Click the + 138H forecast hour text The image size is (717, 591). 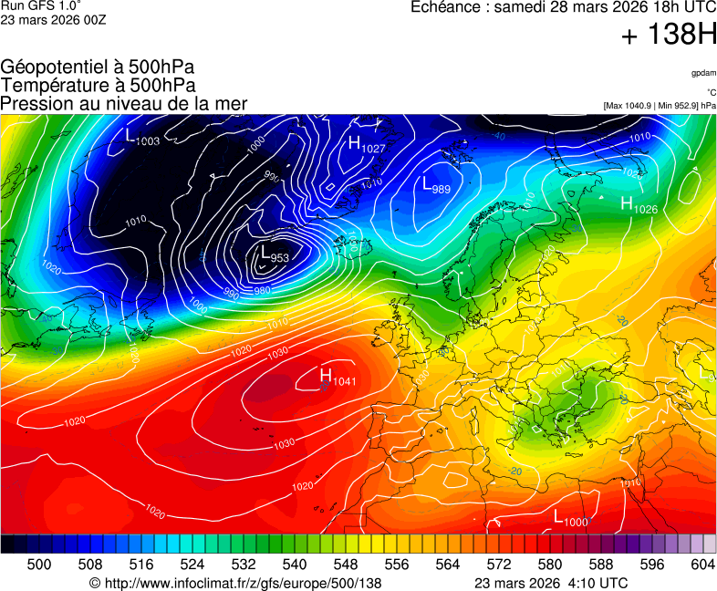[668, 36]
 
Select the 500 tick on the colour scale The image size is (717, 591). [39, 565]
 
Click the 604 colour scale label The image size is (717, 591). [702, 565]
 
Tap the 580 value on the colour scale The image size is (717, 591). [549, 565]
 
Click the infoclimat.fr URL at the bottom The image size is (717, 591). [235, 583]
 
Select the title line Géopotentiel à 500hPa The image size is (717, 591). [98, 67]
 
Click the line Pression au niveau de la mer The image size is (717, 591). [124, 103]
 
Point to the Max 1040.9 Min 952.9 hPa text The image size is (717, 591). [660, 106]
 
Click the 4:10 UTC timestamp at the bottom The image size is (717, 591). [596, 583]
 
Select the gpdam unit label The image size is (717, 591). [703, 72]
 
